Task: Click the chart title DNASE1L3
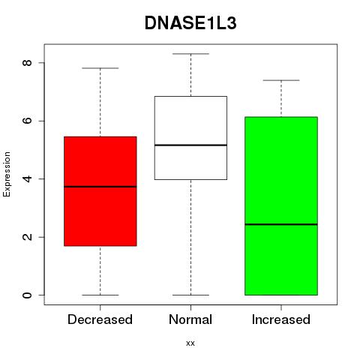tap(190, 23)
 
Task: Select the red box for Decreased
tap(100, 191)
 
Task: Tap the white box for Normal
tap(190, 138)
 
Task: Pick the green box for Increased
tap(281, 205)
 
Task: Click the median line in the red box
tap(100, 187)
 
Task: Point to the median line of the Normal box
tap(190, 145)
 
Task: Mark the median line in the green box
tap(281, 224)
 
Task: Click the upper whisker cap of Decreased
tap(100, 68)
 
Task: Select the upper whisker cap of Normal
tap(190, 54)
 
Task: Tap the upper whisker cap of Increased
tap(281, 80)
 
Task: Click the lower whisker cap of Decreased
tap(100, 295)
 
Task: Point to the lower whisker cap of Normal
tap(190, 295)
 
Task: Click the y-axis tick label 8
tap(27, 62)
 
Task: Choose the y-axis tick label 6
tap(27, 121)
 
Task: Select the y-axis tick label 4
tap(27, 179)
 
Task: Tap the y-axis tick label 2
tap(27, 237)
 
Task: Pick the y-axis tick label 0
tap(27, 295)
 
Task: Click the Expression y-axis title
tap(7, 175)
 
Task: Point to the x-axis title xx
tap(190, 343)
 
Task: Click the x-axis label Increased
tap(281, 319)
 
